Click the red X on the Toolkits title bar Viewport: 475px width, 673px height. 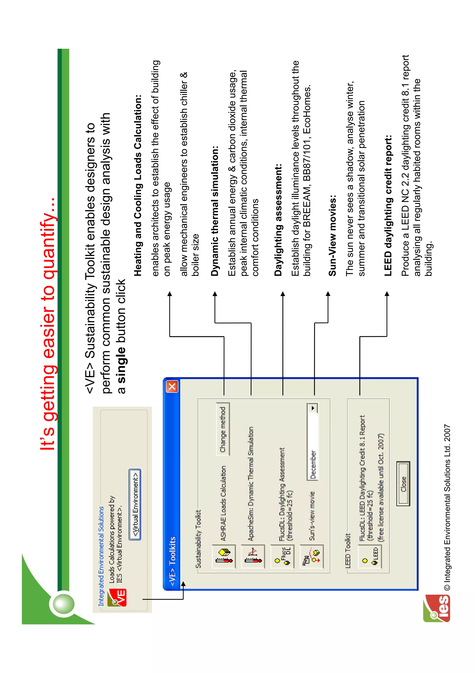pyautogui.click(x=172, y=387)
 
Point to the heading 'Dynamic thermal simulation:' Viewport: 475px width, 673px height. pyautogui.click(x=215, y=211)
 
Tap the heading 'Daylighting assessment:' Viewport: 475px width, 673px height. pyautogui.click(x=278, y=220)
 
